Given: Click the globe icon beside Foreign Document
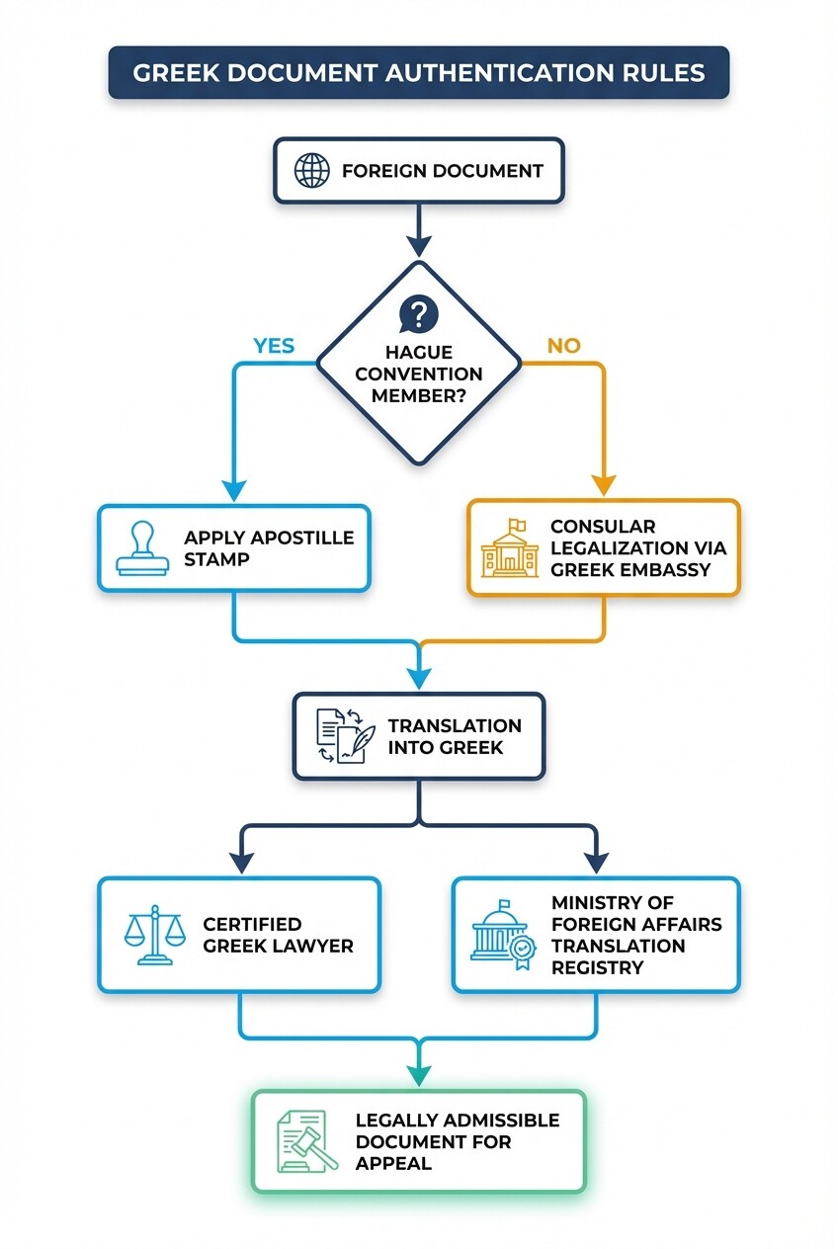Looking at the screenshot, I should coord(311,170).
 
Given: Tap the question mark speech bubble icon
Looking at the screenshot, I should coord(418,315).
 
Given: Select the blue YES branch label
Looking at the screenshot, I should coord(274,345).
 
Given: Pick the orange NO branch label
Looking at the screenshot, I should coord(563,345).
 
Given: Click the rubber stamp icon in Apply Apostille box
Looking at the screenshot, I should coord(142,549).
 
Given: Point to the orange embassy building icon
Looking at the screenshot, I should coord(510,548).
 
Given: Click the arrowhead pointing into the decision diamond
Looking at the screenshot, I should coord(419,246).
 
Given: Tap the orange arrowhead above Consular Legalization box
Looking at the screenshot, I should coord(604,484).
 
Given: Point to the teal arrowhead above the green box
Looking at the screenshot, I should coord(419,1075).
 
